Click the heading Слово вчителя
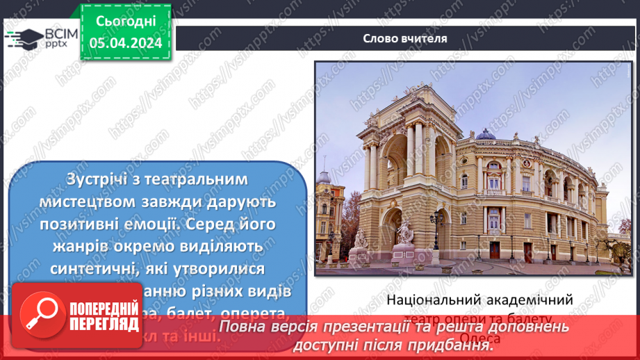405,39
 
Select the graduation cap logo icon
23,38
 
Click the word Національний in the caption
432,300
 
